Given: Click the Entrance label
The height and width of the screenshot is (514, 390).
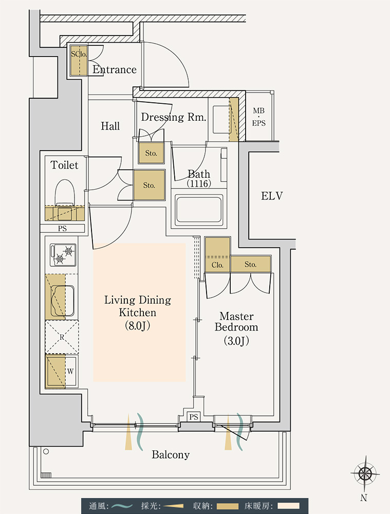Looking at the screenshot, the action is coord(115,69).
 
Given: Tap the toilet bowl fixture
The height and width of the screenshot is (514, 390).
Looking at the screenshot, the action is coord(65,193).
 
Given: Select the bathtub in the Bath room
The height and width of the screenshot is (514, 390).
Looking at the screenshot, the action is coord(199,209).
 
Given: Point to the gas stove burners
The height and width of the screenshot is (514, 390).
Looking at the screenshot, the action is coord(63,255).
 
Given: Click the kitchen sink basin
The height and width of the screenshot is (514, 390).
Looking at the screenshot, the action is coord(62,301).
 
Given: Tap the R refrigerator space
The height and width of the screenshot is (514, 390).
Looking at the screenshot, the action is coord(62,337).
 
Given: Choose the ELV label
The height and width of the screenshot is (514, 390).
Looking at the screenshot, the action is coord(272,196).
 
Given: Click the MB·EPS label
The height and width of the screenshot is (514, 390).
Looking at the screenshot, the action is coord(258,117).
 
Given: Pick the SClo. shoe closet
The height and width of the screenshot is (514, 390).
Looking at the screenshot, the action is coord(79,61).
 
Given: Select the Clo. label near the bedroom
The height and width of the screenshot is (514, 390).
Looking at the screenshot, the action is coord(217,265).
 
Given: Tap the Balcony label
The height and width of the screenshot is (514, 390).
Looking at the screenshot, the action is coord(171,455).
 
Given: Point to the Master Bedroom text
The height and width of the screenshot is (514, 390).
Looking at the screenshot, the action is coord(236,322).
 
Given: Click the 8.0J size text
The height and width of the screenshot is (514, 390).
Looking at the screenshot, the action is coord(137,326).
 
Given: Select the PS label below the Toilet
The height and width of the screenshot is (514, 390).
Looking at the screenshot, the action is coord(62,229).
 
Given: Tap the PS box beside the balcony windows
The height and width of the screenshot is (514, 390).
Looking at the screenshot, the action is coord(194,417).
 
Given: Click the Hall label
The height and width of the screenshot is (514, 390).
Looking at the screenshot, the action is coord(110,126).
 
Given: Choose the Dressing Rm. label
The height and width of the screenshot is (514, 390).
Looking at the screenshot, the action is coord(173,117).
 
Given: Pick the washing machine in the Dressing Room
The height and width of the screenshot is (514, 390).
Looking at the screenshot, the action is coord(221,119).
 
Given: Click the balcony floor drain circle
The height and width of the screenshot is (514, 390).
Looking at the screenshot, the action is coord(46,452).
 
